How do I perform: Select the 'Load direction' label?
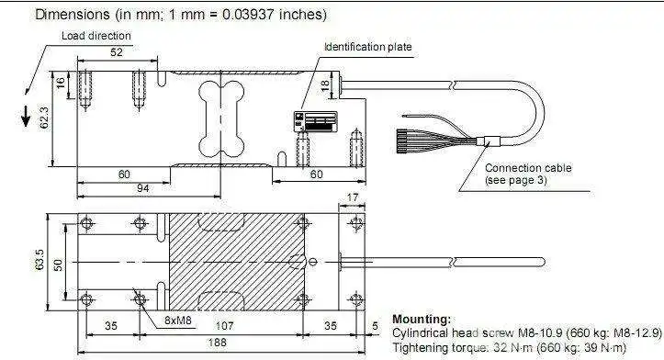96,36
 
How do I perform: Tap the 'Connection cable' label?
528,168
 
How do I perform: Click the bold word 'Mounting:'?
422,319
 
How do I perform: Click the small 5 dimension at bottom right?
374,325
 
